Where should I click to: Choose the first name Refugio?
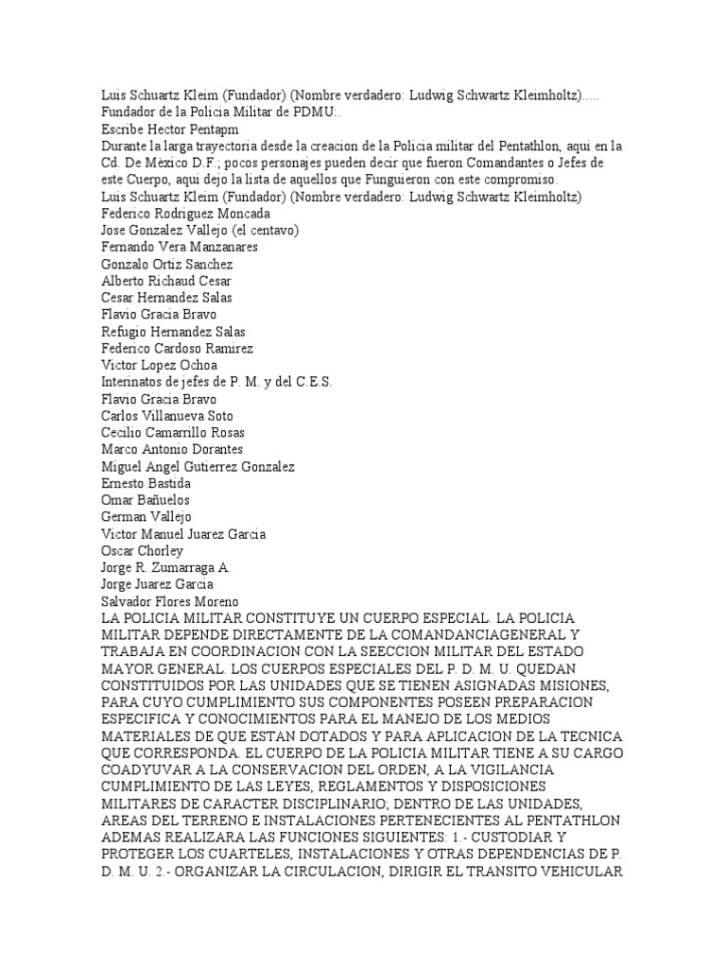point(125,332)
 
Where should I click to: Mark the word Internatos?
point(132,382)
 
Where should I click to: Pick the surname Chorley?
point(160,551)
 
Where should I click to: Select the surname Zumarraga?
point(183,568)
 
